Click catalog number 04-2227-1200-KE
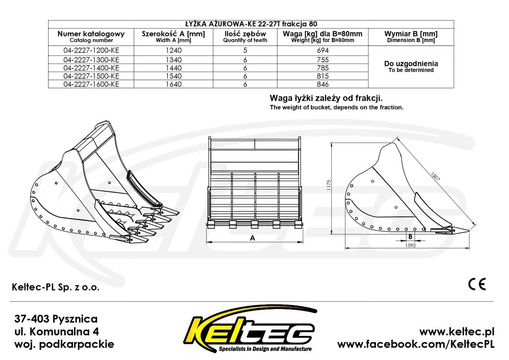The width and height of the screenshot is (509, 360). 91,50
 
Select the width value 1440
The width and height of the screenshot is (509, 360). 174,68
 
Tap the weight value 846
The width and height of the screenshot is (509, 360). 323,84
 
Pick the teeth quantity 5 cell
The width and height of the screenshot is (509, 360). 245,50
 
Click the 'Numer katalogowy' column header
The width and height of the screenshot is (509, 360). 91,34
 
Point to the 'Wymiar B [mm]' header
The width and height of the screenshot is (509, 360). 411,34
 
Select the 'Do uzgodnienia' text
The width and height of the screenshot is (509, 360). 411,64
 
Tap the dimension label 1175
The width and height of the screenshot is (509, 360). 329,185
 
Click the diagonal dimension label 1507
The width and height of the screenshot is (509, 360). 435,176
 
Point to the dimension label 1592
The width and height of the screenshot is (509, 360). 411,245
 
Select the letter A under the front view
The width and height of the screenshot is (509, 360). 252,238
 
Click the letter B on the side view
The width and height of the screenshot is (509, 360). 410,237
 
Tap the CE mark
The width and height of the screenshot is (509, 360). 477,284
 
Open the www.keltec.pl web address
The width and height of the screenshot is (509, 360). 457,332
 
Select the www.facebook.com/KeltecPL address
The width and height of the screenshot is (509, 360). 416,344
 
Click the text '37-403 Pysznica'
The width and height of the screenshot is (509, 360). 56,319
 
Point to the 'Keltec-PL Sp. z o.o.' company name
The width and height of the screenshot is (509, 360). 56,287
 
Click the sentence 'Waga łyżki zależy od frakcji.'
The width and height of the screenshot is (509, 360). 326,98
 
